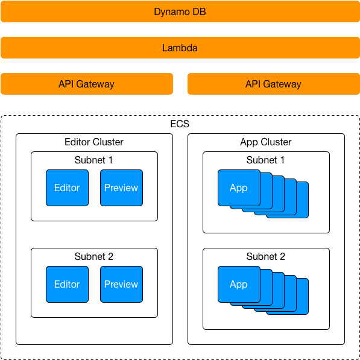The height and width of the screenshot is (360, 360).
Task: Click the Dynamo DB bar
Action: click(180, 11)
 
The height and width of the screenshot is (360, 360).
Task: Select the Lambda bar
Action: click(180, 48)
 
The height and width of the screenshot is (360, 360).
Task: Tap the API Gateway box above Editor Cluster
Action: click(87, 84)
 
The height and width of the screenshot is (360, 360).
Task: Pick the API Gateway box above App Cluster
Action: click(274, 84)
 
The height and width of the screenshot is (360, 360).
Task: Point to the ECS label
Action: click(180, 124)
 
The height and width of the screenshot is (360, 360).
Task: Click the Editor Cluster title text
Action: click(94, 142)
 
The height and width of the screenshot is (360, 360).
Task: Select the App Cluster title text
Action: click(266, 142)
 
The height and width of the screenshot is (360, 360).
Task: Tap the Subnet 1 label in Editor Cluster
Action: click(93, 160)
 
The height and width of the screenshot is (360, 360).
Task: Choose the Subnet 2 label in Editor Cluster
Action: click(93, 256)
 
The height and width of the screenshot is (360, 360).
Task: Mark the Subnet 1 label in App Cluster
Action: click(265, 160)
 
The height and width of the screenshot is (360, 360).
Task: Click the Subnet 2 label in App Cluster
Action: click(266, 256)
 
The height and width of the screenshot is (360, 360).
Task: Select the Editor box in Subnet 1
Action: click(67, 188)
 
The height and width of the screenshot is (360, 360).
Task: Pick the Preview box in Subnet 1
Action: click(121, 188)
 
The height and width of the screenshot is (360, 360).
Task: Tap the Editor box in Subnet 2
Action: click(67, 284)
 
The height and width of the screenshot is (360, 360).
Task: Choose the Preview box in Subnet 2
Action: click(121, 284)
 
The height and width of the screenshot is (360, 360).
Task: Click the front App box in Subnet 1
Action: click(239, 188)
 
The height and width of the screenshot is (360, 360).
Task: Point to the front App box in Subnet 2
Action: click(239, 284)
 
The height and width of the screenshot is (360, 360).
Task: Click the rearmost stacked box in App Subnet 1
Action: click(303, 200)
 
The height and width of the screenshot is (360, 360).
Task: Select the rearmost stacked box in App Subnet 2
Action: click(303, 296)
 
